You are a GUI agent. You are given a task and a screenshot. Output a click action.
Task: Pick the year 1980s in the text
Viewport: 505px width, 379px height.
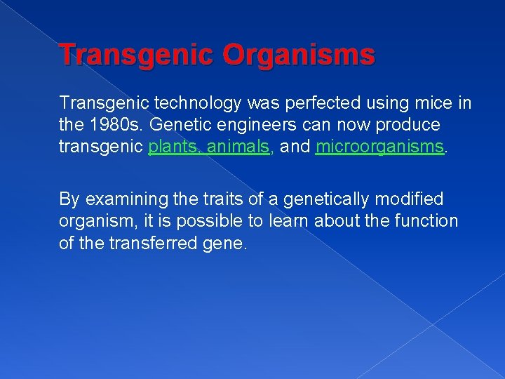112,126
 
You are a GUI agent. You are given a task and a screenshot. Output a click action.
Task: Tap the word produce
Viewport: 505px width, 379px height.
408,126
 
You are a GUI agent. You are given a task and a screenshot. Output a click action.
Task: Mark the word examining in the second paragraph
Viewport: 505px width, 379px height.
126,200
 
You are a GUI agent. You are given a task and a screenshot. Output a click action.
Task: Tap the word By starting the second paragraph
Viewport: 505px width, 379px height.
70,200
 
